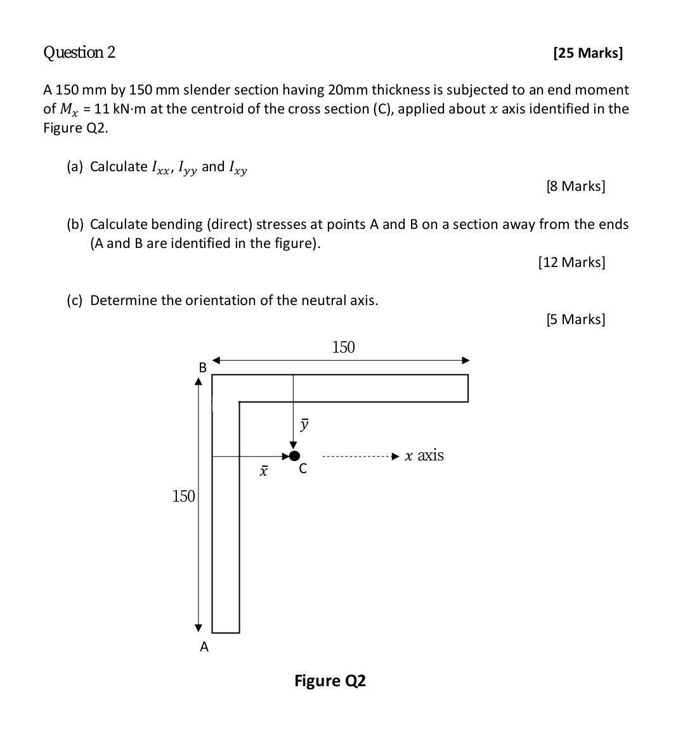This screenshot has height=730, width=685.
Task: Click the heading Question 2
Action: [79, 52]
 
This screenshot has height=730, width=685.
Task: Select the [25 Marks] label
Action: [588, 53]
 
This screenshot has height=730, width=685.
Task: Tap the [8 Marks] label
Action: [575, 186]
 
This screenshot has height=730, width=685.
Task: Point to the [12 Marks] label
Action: [571, 262]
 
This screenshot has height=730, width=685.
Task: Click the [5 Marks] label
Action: [575, 319]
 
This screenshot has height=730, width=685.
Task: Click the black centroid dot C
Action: [294, 455]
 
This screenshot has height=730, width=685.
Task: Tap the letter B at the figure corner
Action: [203, 367]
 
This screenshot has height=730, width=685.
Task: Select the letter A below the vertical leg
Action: [204, 647]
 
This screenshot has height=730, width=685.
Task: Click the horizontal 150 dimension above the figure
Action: [343, 347]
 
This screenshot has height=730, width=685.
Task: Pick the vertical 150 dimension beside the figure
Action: [183, 496]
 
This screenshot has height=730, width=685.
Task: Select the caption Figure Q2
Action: [330, 681]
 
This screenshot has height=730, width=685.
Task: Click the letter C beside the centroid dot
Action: [303, 469]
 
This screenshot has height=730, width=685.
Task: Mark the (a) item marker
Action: [75, 166]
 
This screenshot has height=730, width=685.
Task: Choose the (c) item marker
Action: [75, 300]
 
